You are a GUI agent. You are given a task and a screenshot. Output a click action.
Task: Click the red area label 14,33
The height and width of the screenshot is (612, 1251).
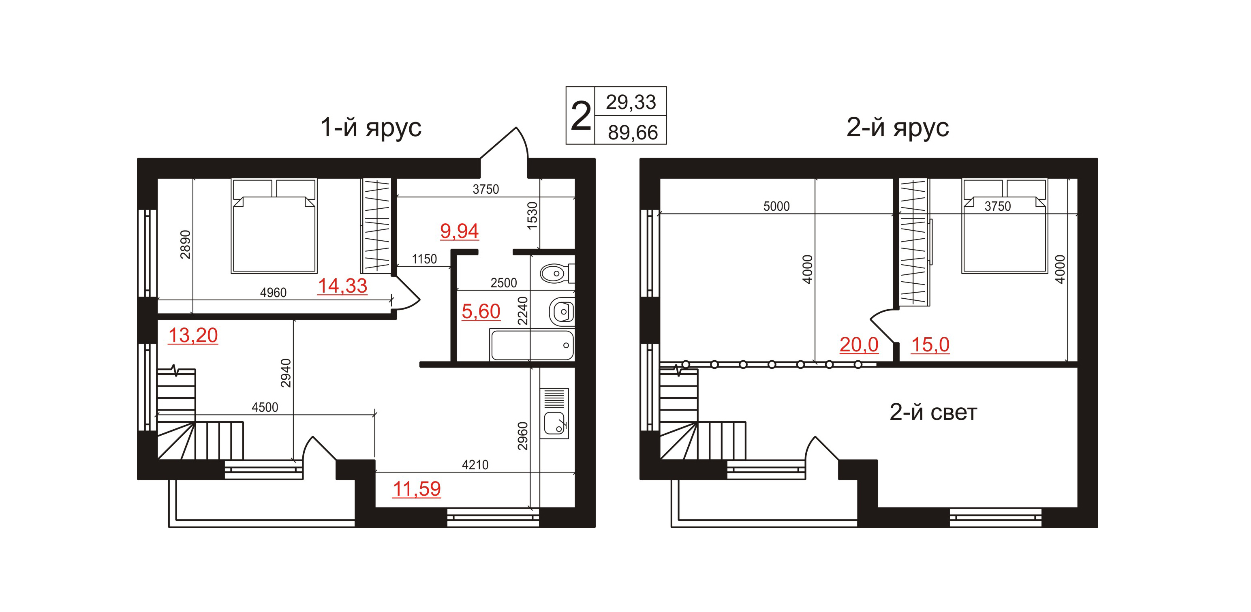(x=342, y=286)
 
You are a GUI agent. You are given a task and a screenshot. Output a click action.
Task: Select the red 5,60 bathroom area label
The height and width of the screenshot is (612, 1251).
(x=481, y=312)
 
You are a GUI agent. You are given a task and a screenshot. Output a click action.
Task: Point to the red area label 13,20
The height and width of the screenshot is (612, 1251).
(x=193, y=336)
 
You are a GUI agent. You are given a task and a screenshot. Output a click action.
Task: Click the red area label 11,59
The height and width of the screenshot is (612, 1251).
(x=417, y=489)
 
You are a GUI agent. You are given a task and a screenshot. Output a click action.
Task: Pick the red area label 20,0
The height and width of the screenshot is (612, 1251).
(x=859, y=345)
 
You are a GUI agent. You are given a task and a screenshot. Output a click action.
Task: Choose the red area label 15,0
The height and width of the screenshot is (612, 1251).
(x=930, y=345)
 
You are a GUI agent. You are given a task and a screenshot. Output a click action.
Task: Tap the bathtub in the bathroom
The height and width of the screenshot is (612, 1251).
(x=532, y=345)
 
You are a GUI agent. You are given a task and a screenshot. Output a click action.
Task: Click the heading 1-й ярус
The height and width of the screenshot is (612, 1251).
(x=370, y=128)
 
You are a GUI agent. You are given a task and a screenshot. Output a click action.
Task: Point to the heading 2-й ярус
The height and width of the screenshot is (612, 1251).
(x=898, y=128)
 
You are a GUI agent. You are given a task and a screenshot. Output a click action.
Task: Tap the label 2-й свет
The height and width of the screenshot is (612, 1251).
(x=933, y=412)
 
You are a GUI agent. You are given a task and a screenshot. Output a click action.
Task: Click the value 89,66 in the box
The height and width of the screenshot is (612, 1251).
(x=633, y=133)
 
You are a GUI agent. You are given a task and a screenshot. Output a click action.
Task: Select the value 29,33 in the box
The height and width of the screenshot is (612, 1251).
(x=631, y=103)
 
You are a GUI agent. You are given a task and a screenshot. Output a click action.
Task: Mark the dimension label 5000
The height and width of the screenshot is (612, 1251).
(x=776, y=206)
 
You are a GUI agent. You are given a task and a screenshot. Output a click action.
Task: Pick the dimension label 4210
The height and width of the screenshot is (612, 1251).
(x=475, y=465)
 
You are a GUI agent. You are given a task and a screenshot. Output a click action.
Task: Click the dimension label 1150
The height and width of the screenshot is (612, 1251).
(x=424, y=259)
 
